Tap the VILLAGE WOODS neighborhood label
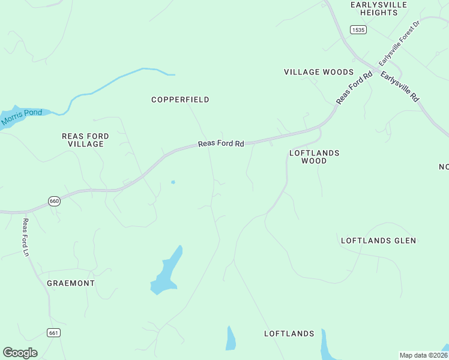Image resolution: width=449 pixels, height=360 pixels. [319, 72]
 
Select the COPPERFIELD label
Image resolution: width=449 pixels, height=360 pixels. [180, 100]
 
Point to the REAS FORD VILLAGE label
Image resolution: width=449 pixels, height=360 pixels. [85, 140]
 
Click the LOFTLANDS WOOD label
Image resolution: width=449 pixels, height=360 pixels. [314, 157]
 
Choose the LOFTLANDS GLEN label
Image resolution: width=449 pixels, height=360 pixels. [378, 241]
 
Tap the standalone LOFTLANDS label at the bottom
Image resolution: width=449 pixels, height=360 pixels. [289, 334]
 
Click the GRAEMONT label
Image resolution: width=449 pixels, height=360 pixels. [71, 283]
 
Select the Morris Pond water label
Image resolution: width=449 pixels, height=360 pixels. [22, 117]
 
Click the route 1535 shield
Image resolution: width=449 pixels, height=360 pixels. [358, 29]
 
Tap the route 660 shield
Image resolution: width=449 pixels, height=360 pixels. [54, 202]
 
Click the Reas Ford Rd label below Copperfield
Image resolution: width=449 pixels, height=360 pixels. [221, 144]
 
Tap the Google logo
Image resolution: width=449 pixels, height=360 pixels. [20, 353]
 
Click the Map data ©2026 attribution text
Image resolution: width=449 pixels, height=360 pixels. [423, 355]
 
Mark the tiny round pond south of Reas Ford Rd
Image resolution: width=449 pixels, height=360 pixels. [173, 182]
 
